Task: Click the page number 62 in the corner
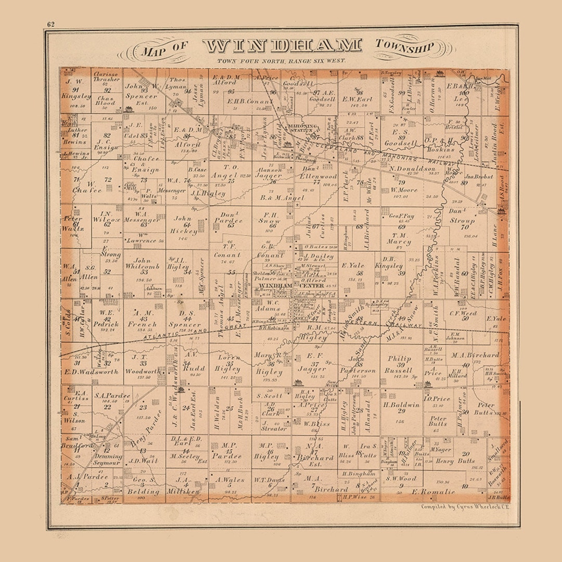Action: tap(51, 24)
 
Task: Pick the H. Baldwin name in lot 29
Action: tap(401, 405)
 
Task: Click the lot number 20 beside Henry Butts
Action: tap(466, 454)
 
